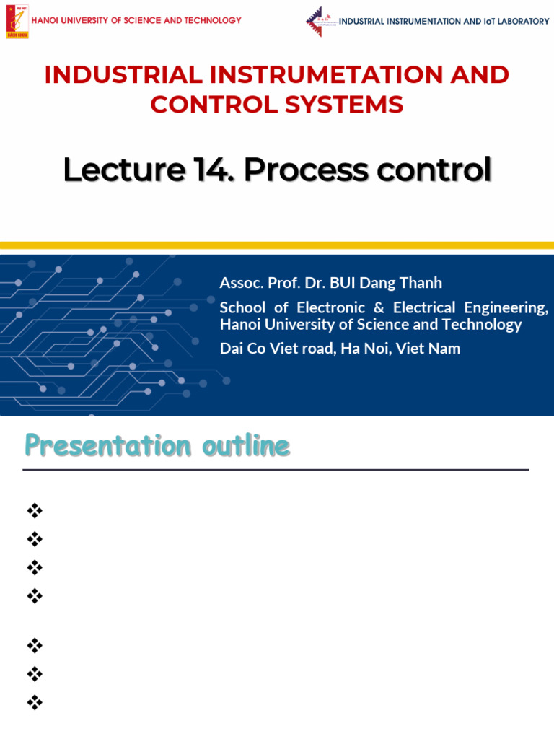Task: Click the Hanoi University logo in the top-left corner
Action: click(17, 22)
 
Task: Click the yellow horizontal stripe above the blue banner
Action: click(277, 246)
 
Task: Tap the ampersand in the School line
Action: click(379, 307)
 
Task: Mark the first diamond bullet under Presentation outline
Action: click(34, 511)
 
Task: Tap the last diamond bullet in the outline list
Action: click(34, 701)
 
